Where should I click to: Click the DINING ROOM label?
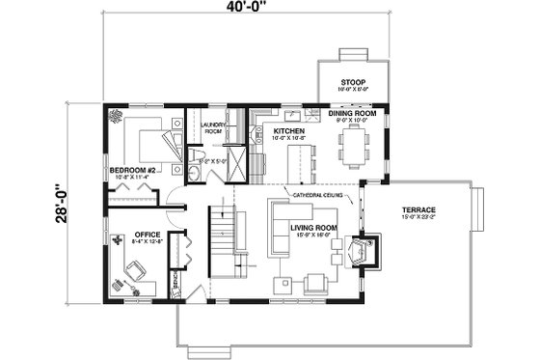point(353,114)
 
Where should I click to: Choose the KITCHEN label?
point(288,129)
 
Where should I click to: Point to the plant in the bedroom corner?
point(116,116)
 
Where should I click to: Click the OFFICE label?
point(147,234)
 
